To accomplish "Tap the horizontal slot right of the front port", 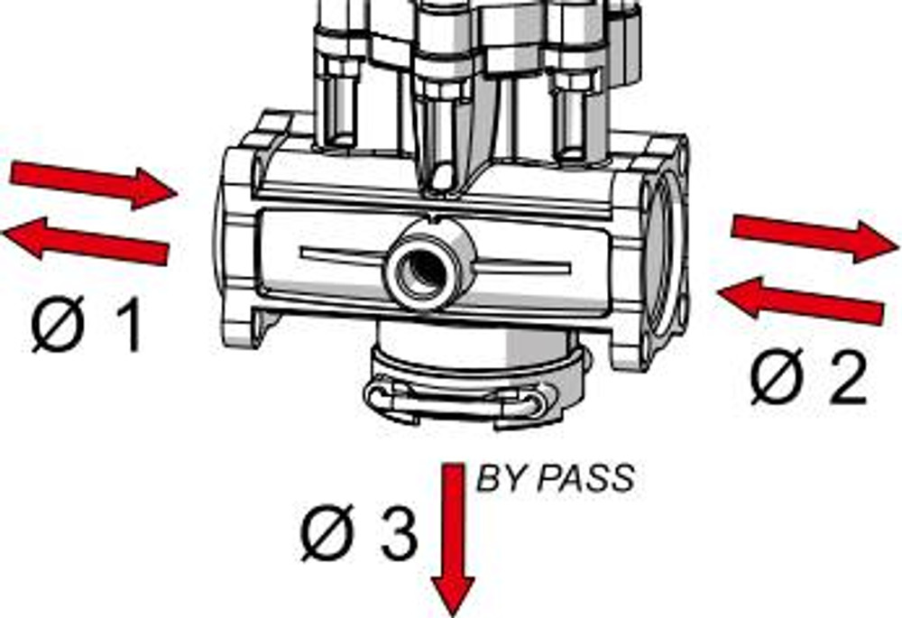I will click(523, 266).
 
